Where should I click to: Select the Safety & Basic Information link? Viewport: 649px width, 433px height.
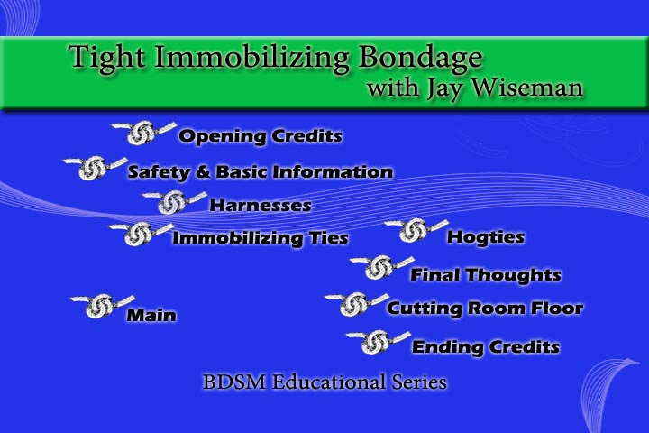click(x=260, y=171)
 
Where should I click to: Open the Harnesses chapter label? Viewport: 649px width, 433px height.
click(x=260, y=206)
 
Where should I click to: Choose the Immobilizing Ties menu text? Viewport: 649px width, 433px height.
click(x=260, y=239)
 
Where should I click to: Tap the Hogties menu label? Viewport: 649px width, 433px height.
click(x=485, y=238)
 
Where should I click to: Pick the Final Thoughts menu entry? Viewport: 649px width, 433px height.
click(x=485, y=275)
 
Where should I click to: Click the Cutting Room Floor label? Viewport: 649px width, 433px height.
click(x=484, y=309)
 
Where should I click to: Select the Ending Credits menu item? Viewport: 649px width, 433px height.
click(x=485, y=347)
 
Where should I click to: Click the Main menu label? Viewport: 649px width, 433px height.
click(x=151, y=316)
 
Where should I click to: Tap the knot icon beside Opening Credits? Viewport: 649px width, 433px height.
click(x=141, y=134)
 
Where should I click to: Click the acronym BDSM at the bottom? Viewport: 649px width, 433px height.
click(x=230, y=383)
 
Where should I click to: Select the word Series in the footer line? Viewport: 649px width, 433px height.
click(x=417, y=383)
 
